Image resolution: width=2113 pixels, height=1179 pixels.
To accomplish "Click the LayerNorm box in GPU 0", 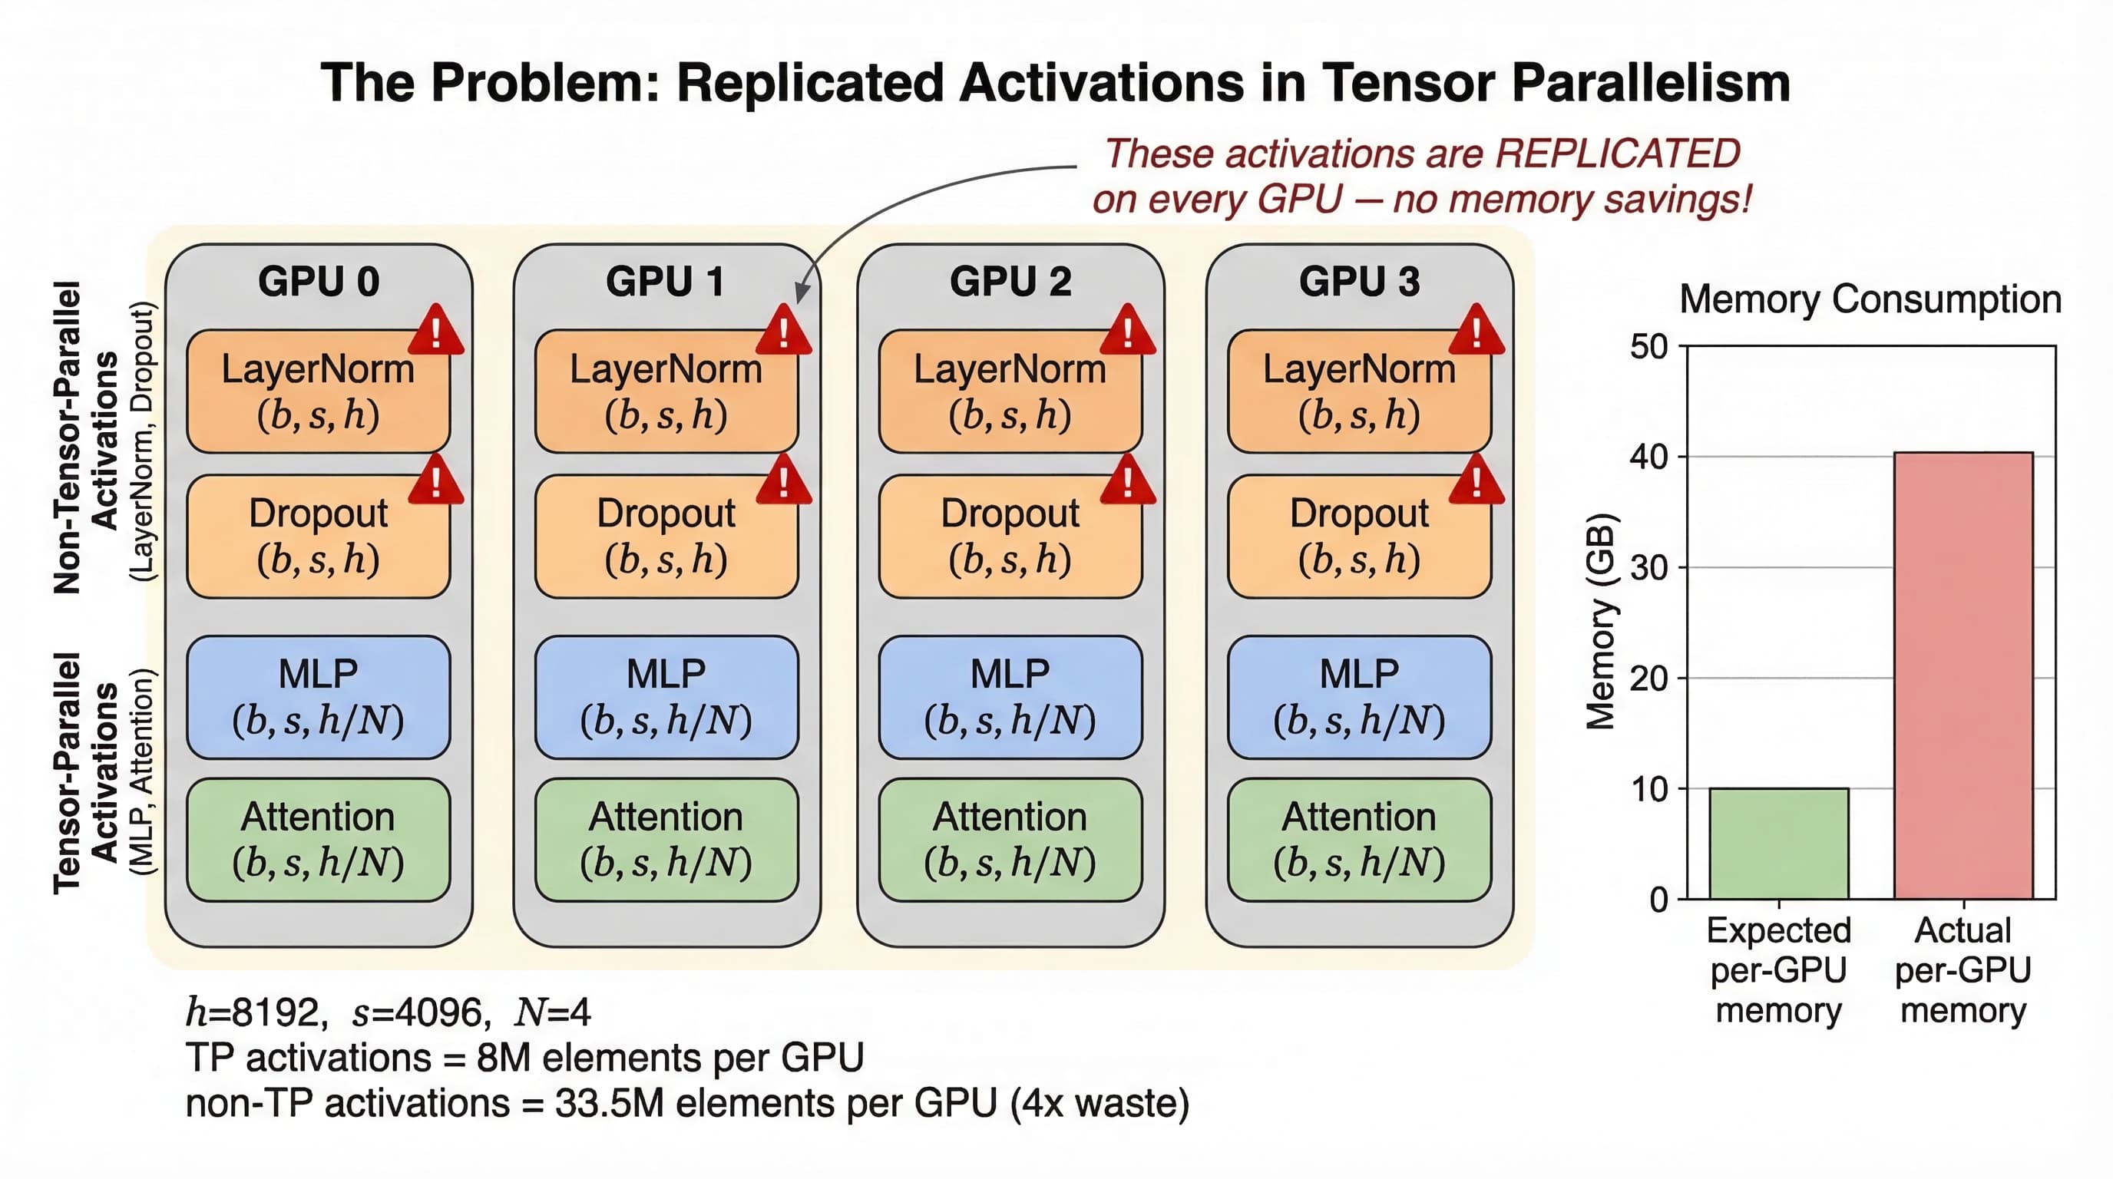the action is (x=319, y=391).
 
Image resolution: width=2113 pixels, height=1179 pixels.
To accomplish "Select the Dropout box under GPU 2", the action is (x=1010, y=537).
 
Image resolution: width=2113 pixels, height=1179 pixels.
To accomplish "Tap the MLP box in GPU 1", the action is (x=666, y=697).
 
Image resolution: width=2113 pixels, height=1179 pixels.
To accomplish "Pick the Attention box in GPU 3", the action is (x=1359, y=840).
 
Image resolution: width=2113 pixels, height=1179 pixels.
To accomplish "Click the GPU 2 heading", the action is (x=1010, y=281).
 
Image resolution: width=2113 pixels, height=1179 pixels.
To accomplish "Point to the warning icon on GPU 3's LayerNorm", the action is (x=1476, y=329).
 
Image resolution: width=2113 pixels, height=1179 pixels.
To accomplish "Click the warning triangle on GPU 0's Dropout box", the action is (x=435, y=480).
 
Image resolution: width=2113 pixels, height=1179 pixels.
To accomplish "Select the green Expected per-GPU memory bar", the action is (x=1778, y=843).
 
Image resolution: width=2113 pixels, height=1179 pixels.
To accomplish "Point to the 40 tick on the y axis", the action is (x=1648, y=457).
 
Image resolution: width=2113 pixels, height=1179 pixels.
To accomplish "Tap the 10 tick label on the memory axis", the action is (x=1648, y=789).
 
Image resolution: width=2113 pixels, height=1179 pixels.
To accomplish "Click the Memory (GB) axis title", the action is (x=1600, y=621).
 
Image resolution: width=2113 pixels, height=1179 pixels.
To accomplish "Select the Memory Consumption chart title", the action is (x=1870, y=299).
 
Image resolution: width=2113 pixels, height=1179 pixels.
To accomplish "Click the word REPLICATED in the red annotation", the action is (x=1617, y=154).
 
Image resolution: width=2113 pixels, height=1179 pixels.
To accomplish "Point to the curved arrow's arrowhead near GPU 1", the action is (x=802, y=291).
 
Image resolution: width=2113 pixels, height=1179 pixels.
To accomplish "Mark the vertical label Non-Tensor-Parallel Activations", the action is (x=85, y=438).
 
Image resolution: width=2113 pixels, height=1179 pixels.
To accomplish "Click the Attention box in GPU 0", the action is (x=319, y=840).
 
